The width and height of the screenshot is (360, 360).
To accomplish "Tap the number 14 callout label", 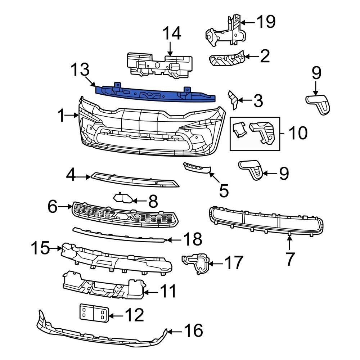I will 172,34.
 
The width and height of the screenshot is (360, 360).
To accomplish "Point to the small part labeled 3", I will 233,100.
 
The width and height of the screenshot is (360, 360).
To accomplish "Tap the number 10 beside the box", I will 298,133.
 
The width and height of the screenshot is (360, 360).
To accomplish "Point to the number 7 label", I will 290,258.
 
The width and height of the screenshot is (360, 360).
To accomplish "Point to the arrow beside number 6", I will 66,207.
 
